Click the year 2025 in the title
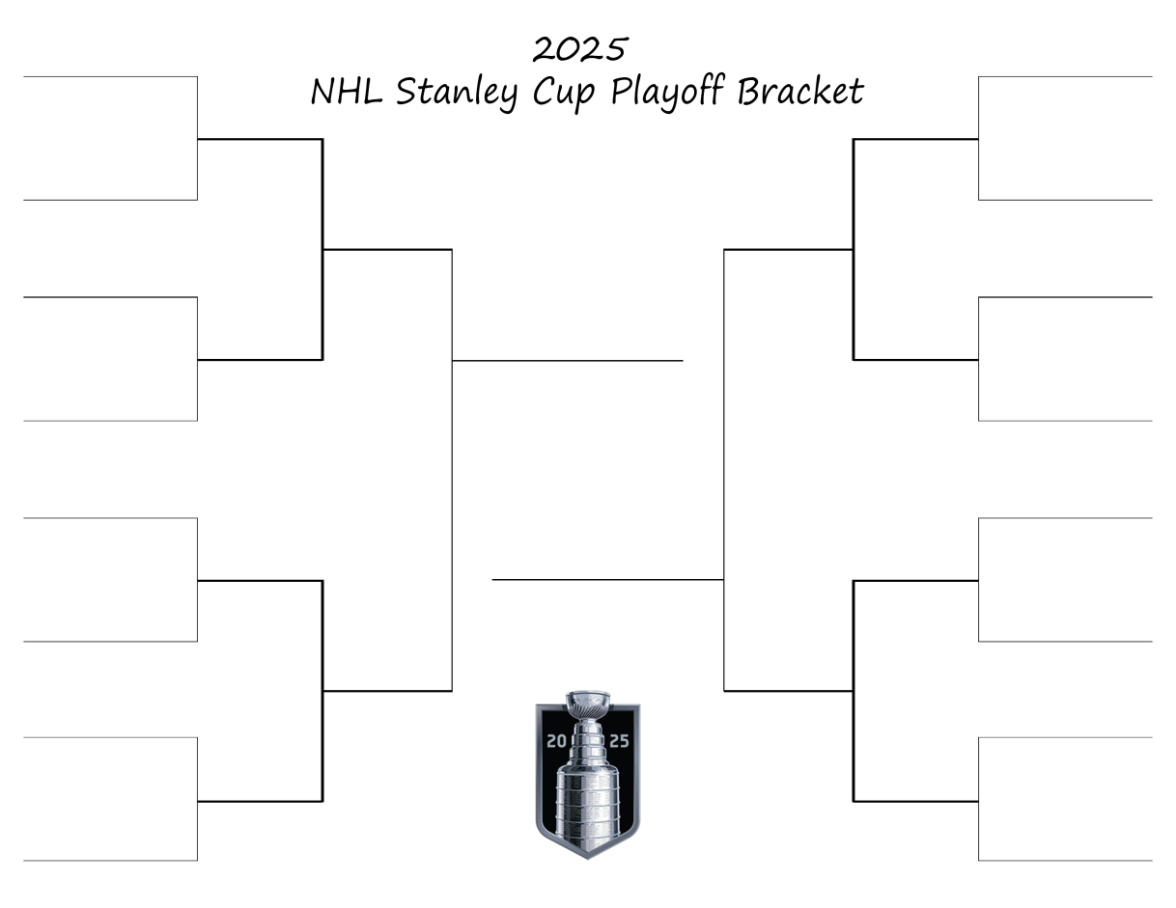580,47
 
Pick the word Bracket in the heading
800,92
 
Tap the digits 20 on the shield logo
557,741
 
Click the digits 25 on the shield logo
618,741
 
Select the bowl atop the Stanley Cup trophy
588,700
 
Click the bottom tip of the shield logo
587,856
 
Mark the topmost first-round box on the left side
110,138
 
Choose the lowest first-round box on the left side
110,799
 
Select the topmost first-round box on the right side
1065,138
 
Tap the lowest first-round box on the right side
1065,799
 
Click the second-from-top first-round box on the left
110,359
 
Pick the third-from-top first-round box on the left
110,579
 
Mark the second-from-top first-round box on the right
1065,359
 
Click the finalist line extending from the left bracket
568,360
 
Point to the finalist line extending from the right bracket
608,579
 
